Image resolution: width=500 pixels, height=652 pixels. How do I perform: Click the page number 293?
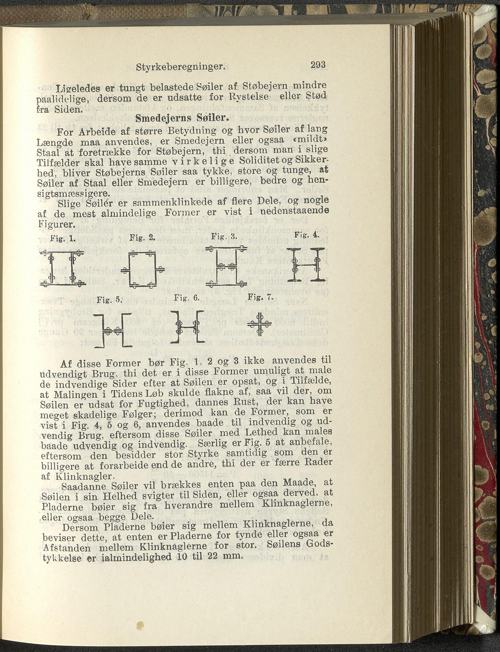pos(318,65)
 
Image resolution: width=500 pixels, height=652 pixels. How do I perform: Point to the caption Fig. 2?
pos(143,238)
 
